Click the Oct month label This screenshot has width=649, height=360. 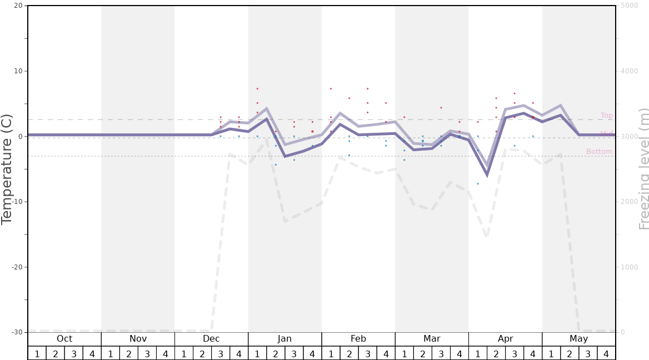64,339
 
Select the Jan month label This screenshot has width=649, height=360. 284,339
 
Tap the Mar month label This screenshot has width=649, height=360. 432,339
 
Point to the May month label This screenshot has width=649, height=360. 578,339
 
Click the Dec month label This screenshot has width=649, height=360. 211,339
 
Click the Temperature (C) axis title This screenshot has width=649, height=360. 7,169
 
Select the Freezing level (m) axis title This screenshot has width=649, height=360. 643,169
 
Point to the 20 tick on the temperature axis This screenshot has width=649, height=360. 18,6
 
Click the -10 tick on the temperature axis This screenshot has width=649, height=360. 17,202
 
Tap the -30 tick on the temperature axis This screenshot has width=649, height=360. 17,332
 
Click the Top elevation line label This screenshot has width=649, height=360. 606,116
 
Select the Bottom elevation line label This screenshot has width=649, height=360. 599,152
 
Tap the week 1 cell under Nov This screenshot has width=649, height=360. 111,354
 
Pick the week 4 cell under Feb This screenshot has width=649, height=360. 386,354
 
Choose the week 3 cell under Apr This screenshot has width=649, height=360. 515,354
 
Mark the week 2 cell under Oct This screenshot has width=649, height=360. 56,354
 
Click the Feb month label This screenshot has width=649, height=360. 358,339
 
